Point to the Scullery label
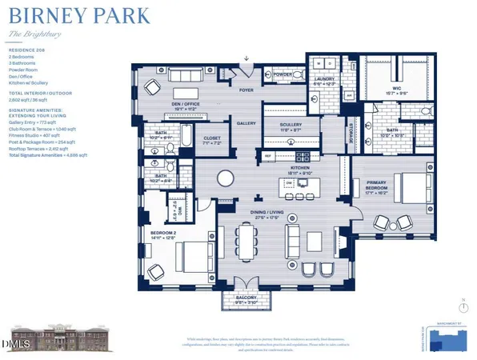[x=291, y=125]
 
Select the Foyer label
[x=246, y=90]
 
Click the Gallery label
[x=245, y=123]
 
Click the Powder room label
[x=283, y=75]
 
